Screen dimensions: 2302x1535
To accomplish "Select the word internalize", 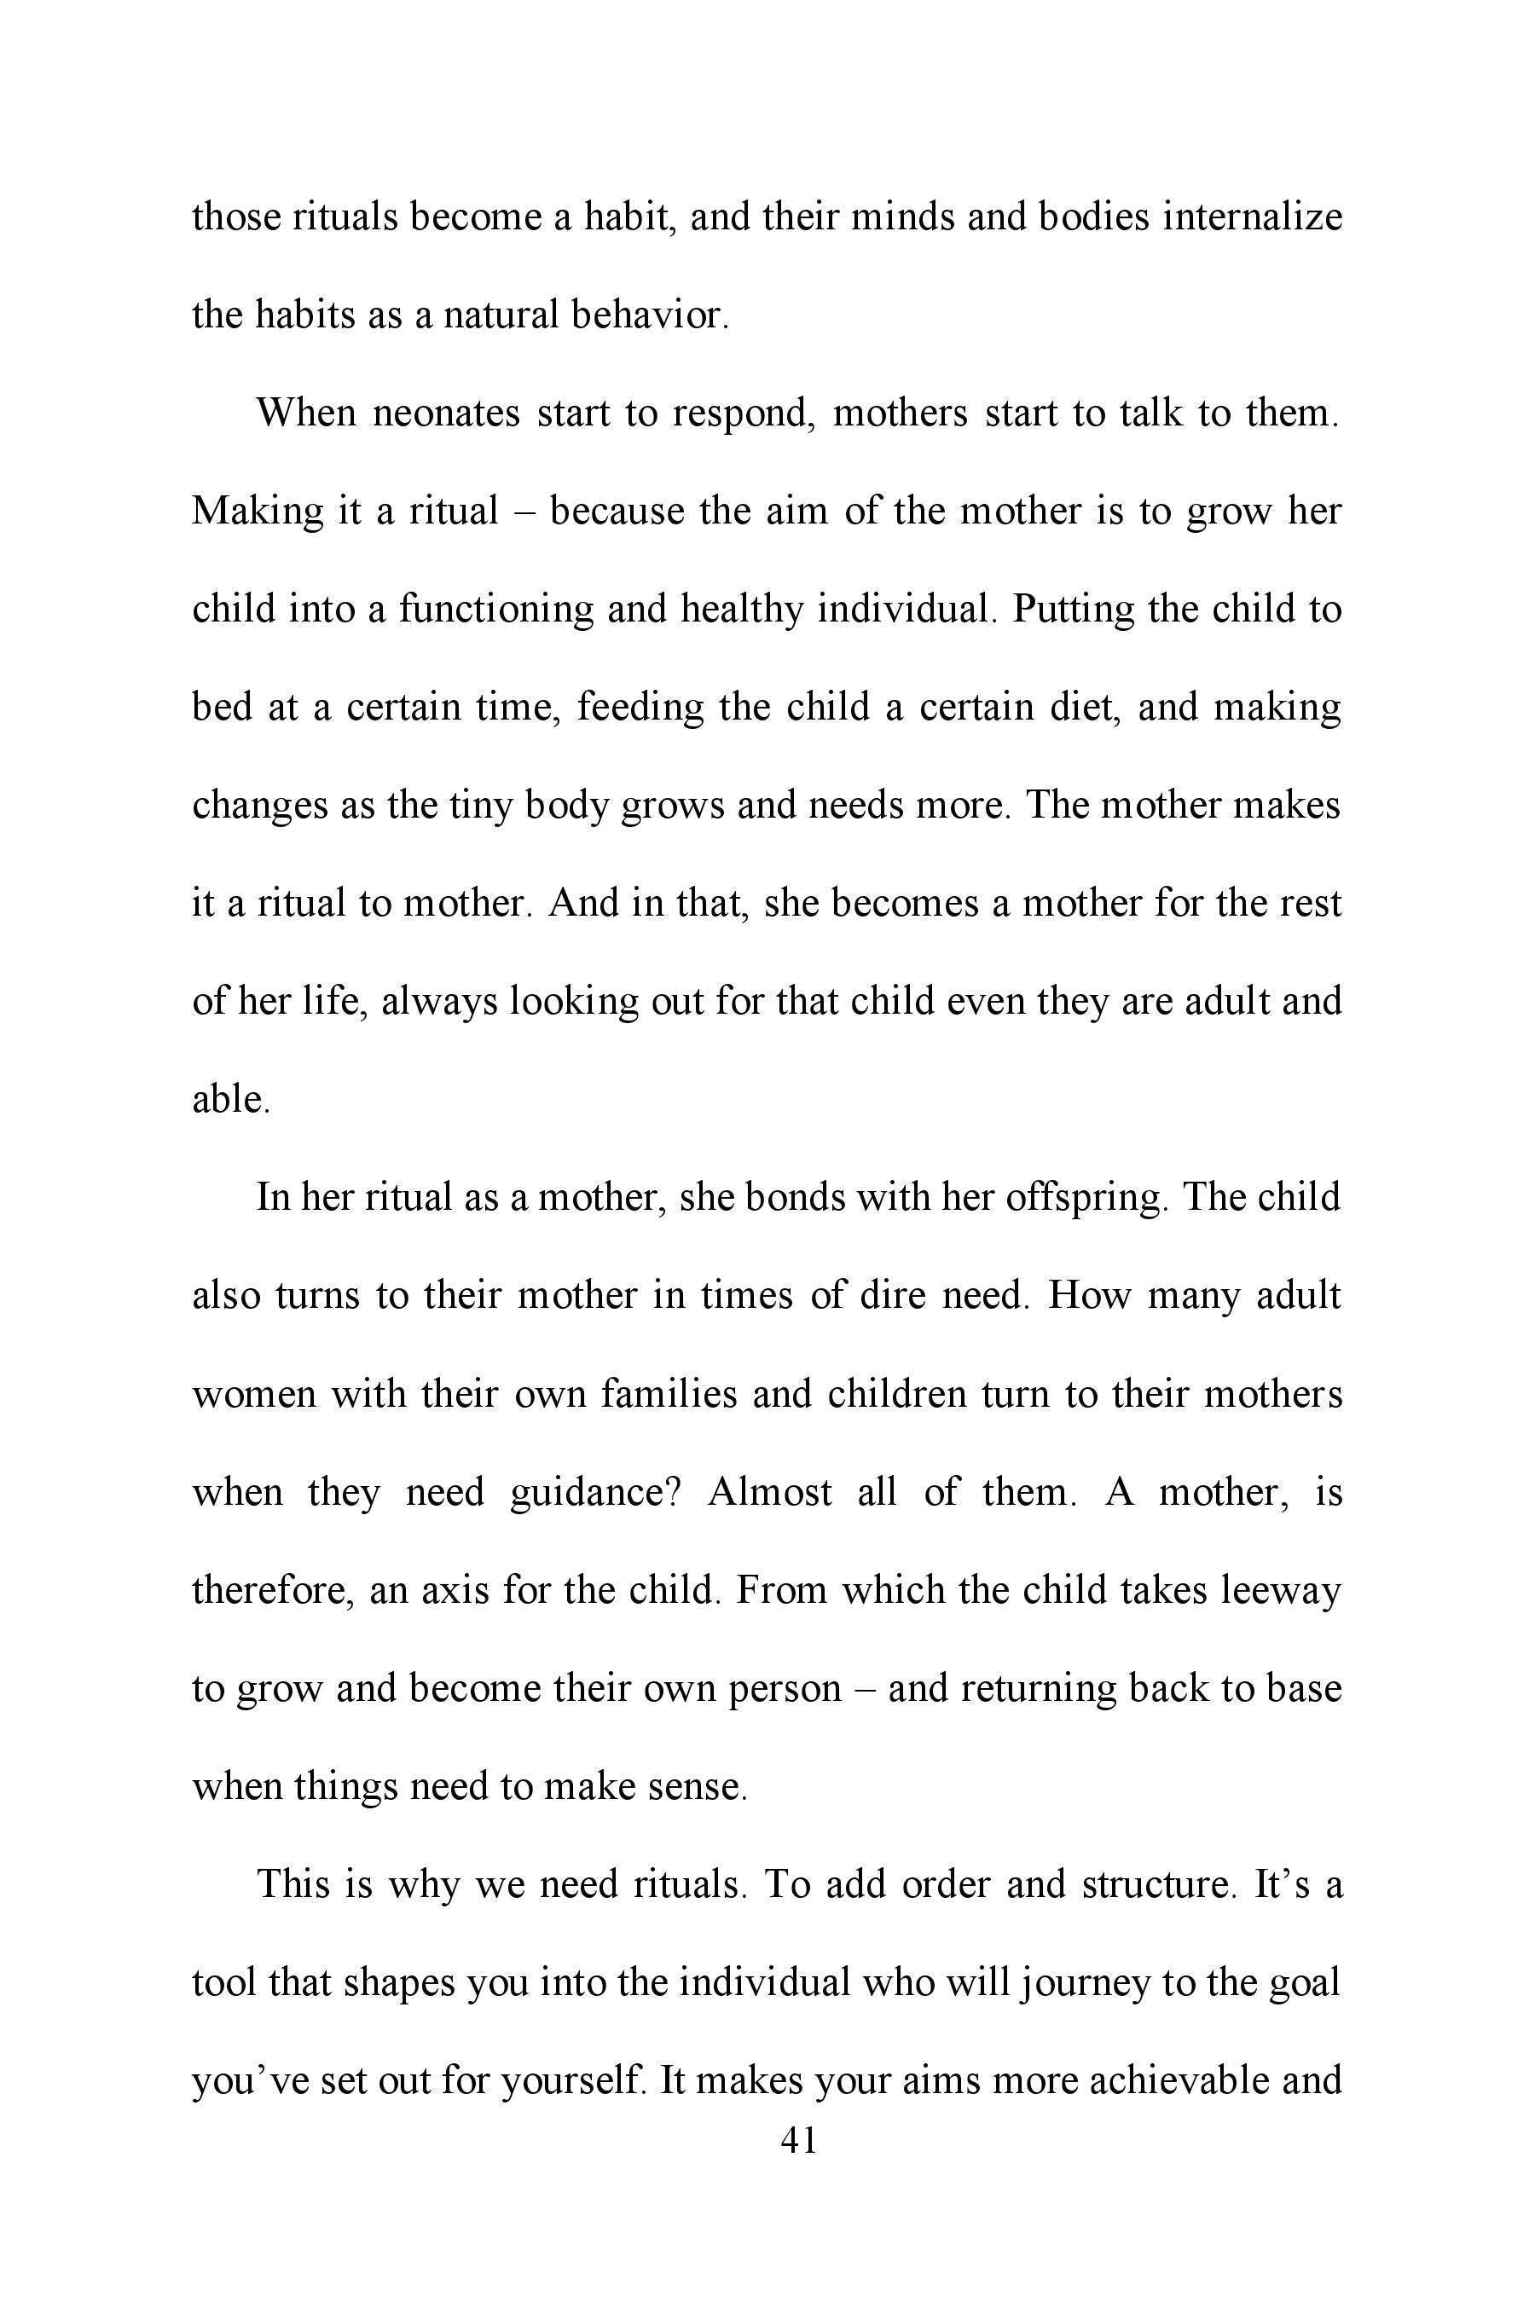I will coord(1252,217).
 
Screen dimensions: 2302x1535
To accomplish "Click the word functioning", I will coord(495,609).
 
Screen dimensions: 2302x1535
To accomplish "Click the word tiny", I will coord(479,805).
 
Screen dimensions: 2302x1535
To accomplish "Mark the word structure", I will coord(1160,1884).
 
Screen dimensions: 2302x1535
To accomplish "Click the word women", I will coord(253,1394).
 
